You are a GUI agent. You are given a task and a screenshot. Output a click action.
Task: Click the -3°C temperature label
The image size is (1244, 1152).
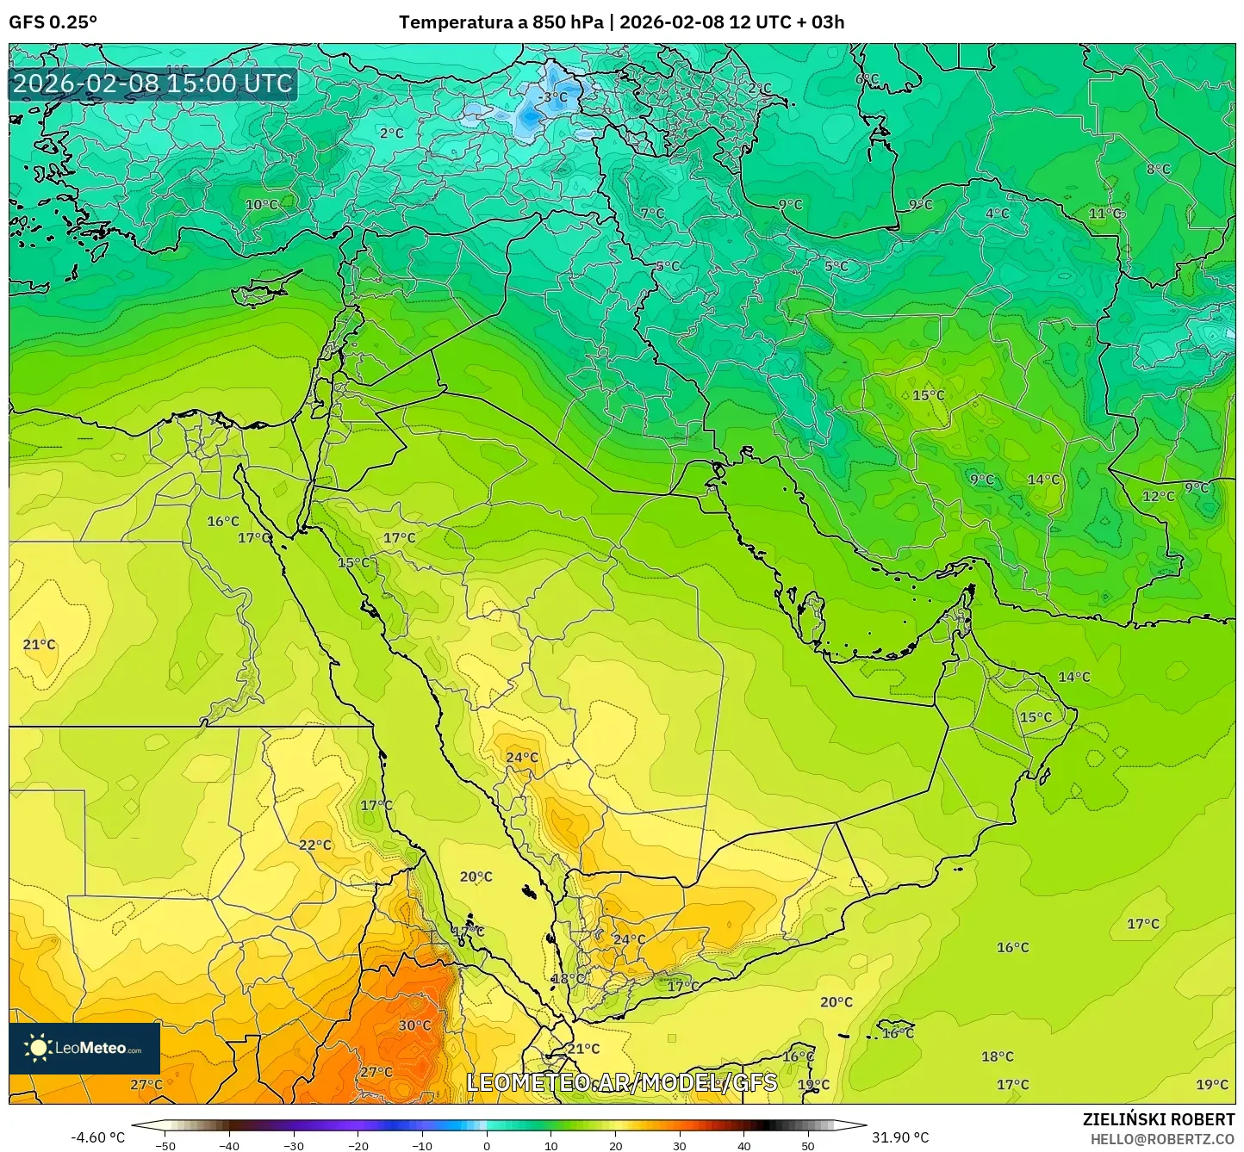553,97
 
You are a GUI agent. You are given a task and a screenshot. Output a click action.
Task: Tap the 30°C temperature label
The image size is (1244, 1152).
414,1025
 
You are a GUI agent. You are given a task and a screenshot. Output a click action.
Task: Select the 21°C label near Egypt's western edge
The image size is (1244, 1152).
39,645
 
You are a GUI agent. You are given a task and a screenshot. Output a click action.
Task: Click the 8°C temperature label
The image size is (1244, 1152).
1158,169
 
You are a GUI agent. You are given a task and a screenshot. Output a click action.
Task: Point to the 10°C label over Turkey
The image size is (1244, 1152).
262,205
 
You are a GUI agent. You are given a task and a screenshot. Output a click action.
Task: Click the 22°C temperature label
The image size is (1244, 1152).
315,845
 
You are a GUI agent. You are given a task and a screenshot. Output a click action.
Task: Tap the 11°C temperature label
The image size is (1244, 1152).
1105,214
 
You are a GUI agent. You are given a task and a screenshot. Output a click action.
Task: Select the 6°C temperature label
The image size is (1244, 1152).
867,79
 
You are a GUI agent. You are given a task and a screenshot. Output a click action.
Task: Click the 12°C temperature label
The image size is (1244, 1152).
1158,496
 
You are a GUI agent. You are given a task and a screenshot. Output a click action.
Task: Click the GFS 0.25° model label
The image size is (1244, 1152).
53,22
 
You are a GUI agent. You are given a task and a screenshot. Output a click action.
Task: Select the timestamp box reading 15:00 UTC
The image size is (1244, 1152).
153,84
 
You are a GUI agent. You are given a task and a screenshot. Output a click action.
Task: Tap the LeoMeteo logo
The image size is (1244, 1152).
84,1048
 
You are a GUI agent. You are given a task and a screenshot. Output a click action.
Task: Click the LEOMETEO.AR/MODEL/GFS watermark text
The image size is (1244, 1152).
621,1083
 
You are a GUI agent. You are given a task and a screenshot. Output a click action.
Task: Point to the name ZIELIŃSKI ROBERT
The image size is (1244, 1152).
1159,1119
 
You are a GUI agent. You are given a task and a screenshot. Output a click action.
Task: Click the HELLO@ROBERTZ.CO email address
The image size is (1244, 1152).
1162,1139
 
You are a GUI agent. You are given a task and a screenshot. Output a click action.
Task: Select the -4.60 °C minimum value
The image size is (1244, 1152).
97,1137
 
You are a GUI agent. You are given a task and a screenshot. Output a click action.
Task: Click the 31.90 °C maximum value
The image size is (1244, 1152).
900,1137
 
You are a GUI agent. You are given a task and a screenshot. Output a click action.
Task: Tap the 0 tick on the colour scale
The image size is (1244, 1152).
487,1145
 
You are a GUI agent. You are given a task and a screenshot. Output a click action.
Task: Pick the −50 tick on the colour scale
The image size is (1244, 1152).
165,1145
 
